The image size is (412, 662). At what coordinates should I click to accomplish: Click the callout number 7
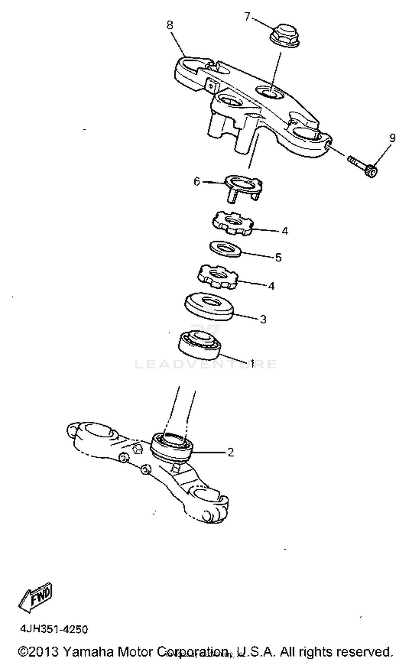click(x=247, y=17)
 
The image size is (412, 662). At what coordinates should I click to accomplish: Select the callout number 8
click(x=170, y=25)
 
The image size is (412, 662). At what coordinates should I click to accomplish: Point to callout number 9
click(x=392, y=138)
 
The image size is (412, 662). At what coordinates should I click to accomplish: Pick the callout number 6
click(x=197, y=182)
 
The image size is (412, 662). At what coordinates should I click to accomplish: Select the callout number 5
click(x=278, y=257)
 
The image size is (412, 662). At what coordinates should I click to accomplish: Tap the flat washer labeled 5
click(x=225, y=248)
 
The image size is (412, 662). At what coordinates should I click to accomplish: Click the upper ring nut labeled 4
click(x=233, y=223)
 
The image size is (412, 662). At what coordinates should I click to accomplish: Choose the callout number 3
click(x=263, y=319)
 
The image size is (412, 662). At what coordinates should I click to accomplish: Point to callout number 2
click(x=231, y=452)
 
